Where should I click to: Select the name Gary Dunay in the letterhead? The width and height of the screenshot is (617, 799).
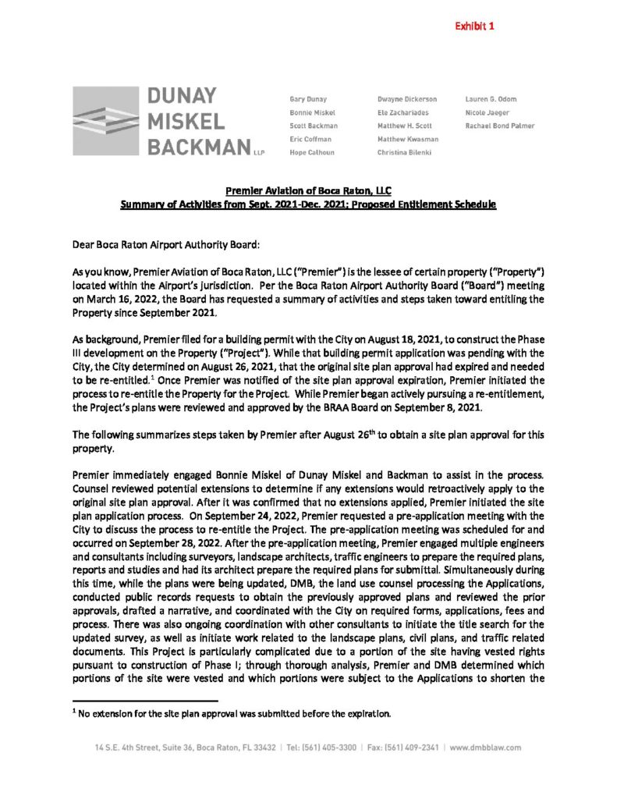click(308, 99)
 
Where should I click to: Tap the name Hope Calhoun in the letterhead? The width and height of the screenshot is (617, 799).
click(311, 152)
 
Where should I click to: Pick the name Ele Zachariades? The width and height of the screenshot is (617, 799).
click(402, 112)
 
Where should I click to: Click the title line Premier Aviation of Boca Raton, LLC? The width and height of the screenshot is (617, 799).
click(308, 192)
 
